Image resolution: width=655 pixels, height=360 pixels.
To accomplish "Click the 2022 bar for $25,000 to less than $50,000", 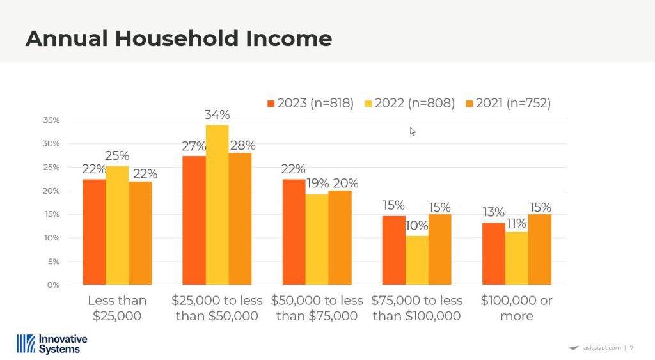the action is pyautogui.click(x=217, y=205).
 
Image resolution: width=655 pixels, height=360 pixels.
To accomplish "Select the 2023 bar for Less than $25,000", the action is pyautogui.click(x=94, y=231).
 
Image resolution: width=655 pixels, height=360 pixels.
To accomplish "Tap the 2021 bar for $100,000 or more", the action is pyautogui.click(x=540, y=249).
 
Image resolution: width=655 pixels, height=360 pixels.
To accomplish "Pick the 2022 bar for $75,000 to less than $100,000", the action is pyautogui.click(x=416, y=260).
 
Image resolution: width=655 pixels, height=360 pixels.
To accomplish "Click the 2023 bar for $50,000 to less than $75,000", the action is pyautogui.click(x=294, y=231).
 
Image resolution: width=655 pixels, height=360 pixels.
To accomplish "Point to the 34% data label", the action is pyautogui.click(x=217, y=114).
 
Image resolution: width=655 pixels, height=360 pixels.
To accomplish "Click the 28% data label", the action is pyautogui.click(x=242, y=145).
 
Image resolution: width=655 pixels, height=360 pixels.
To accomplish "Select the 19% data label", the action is pyautogui.click(x=317, y=184).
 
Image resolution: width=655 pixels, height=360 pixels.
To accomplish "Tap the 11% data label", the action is pyautogui.click(x=517, y=223).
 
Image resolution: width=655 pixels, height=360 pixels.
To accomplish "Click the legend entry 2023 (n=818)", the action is pyautogui.click(x=311, y=103).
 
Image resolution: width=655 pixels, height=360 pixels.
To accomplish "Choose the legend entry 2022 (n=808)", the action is pyautogui.click(x=410, y=103).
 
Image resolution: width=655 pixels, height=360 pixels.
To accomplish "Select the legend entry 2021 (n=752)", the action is pyautogui.click(x=509, y=103).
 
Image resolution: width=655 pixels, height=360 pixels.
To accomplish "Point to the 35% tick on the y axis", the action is pyautogui.click(x=51, y=120).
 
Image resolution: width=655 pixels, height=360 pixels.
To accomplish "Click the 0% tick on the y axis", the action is pyautogui.click(x=53, y=285).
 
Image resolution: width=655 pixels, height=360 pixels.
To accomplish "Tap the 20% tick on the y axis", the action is pyautogui.click(x=51, y=191).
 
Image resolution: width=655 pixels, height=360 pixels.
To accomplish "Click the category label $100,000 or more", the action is pyautogui.click(x=517, y=308).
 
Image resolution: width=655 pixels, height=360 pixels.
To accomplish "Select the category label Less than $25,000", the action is pyautogui.click(x=117, y=308).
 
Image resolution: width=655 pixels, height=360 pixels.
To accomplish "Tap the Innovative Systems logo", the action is pyautogui.click(x=52, y=344).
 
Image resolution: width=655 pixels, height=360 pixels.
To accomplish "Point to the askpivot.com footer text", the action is pyautogui.click(x=602, y=347).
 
